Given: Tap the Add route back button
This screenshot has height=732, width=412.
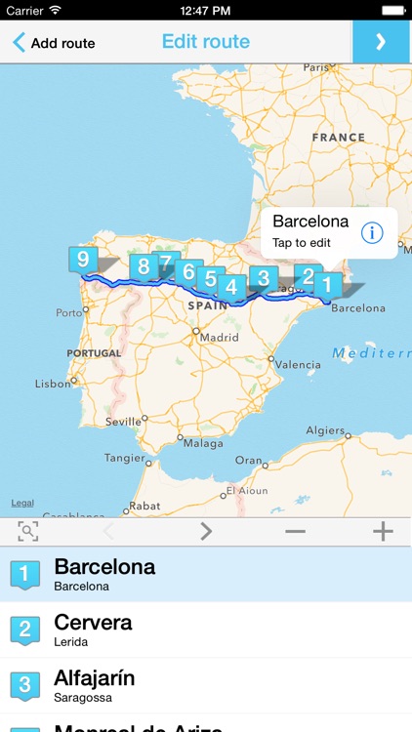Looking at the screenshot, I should tap(54, 43).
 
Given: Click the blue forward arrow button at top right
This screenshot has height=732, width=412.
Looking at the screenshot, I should tap(381, 42).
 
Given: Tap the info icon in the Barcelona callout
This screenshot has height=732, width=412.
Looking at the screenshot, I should tap(372, 232).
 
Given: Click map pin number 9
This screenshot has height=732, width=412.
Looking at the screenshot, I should tap(83, 260).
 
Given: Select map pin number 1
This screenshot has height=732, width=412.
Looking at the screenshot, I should tap(327, 284).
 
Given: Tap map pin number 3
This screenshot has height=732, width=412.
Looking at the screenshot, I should tap(263, 278).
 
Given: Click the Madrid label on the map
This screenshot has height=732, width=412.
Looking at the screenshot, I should tap(221, 338).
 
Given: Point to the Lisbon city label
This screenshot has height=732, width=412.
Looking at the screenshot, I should tap(53, 384).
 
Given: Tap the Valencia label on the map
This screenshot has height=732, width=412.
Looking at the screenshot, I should tap(298, 364).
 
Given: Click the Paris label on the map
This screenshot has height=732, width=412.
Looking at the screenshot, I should tap(316, 67).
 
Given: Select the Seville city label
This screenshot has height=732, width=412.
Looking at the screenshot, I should tap(123, 422).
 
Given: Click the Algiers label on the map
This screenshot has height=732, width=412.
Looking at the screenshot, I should tap(325, 430).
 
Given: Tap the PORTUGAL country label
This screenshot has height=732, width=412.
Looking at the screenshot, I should tap(94, 353).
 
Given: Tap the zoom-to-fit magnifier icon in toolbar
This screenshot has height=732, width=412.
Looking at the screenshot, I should tap(28, 531).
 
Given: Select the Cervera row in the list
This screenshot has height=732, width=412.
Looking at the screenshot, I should tap(206, 630).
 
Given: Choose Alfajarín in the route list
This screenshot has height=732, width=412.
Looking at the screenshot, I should tap(206, 685).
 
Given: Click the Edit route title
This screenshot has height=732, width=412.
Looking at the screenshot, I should tap(205, 42).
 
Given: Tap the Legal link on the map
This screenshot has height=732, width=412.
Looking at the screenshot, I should tap(22, 504).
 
